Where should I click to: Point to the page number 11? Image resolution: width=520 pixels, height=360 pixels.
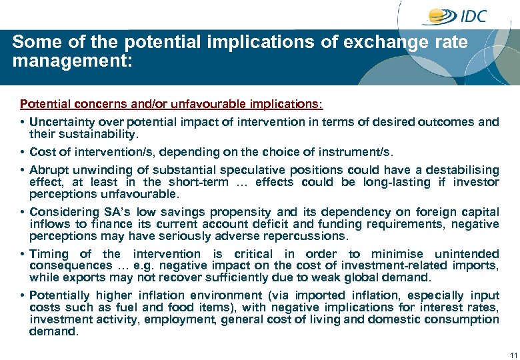tap(513, 353)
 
